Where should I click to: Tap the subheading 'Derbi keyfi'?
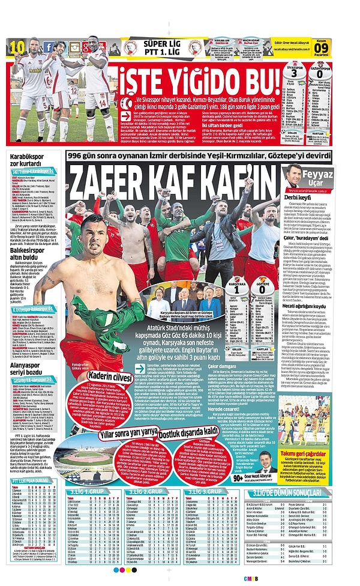coord(297,197)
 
